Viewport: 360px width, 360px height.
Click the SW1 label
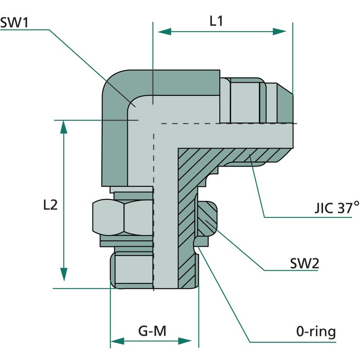coord(14,23)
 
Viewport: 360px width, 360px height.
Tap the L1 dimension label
coord(216,21)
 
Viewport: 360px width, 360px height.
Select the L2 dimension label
coord(50,205)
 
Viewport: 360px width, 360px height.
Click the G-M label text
coord(152,331)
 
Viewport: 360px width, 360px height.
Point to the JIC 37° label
coord(337,208)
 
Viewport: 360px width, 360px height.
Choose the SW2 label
coord(305,263)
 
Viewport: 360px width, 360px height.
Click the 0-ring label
coord(316,332)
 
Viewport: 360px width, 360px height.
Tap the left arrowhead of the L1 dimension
coord(165,31)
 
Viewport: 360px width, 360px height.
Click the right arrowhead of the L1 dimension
coord(279,31)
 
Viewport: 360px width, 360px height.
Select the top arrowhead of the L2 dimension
coord(63,127)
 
